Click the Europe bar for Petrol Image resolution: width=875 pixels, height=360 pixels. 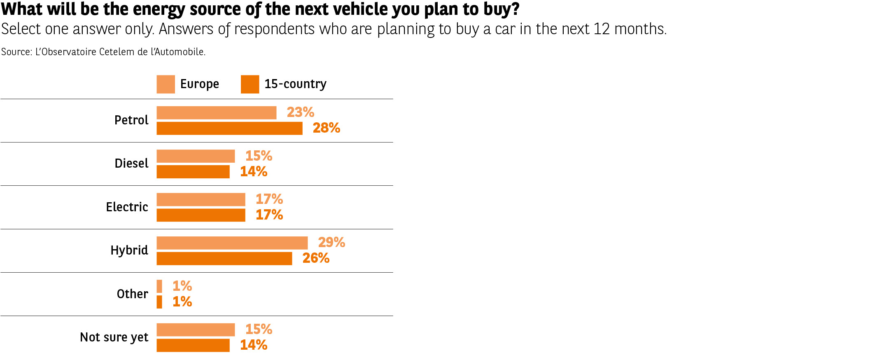coord(216,113)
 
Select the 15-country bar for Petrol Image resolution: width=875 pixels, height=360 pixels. coord(229,129)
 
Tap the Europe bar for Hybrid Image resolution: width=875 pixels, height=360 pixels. coord(232,243)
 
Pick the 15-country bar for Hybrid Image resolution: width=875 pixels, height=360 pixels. coord(224,259)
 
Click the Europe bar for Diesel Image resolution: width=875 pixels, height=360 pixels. coord(196,156)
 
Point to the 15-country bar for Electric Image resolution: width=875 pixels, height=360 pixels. coord(201,215)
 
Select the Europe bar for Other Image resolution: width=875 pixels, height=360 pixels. coord(159,286)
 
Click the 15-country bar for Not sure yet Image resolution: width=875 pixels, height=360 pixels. coord(193,345)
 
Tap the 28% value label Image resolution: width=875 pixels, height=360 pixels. coord(326,128)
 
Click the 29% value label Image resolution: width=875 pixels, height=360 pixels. coord(331,243)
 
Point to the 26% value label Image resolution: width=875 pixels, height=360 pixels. coord(316,258)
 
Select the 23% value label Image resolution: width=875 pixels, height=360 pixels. coord(300,112)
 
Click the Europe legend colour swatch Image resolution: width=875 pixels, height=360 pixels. coord(166,84)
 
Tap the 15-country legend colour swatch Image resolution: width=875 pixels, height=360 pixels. coord(250,84)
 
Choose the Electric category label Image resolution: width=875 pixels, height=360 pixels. coord(127,207)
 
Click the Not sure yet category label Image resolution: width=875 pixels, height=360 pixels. coord(114,337)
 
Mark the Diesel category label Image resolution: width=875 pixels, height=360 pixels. coord(131,164)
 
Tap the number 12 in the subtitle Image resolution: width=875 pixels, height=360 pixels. coord(602,29)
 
